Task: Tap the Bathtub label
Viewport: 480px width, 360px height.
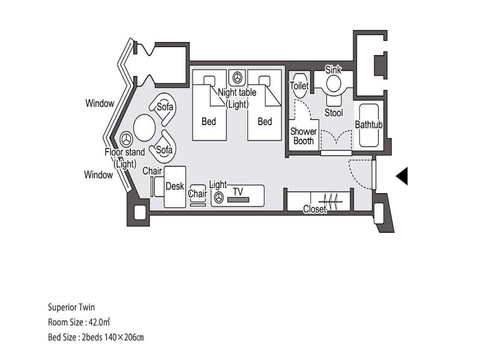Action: [368, 125]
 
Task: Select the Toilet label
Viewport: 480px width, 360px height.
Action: [299, 85]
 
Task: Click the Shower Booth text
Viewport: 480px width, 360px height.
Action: [304, 136]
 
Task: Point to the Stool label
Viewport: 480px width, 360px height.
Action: [334, 113]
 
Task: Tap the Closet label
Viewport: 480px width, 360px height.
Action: [314, 209]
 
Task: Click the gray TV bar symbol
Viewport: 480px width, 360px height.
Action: [238, 200]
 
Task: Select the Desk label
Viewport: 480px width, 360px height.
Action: [175, 186]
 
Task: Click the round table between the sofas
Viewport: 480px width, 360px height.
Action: [145, 127]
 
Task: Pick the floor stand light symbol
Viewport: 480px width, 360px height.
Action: [126, 140]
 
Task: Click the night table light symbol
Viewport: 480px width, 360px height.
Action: [237, 77]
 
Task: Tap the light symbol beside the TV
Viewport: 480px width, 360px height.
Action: [218, 198]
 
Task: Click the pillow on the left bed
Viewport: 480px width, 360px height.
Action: [209, 80]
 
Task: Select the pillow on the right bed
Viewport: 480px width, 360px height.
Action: [265, 80]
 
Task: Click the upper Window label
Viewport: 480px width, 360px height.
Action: [100, 103]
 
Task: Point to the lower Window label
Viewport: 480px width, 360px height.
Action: [98, 175]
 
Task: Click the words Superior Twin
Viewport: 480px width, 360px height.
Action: [71, 307]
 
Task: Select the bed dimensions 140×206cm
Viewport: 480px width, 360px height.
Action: [124, 337]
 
